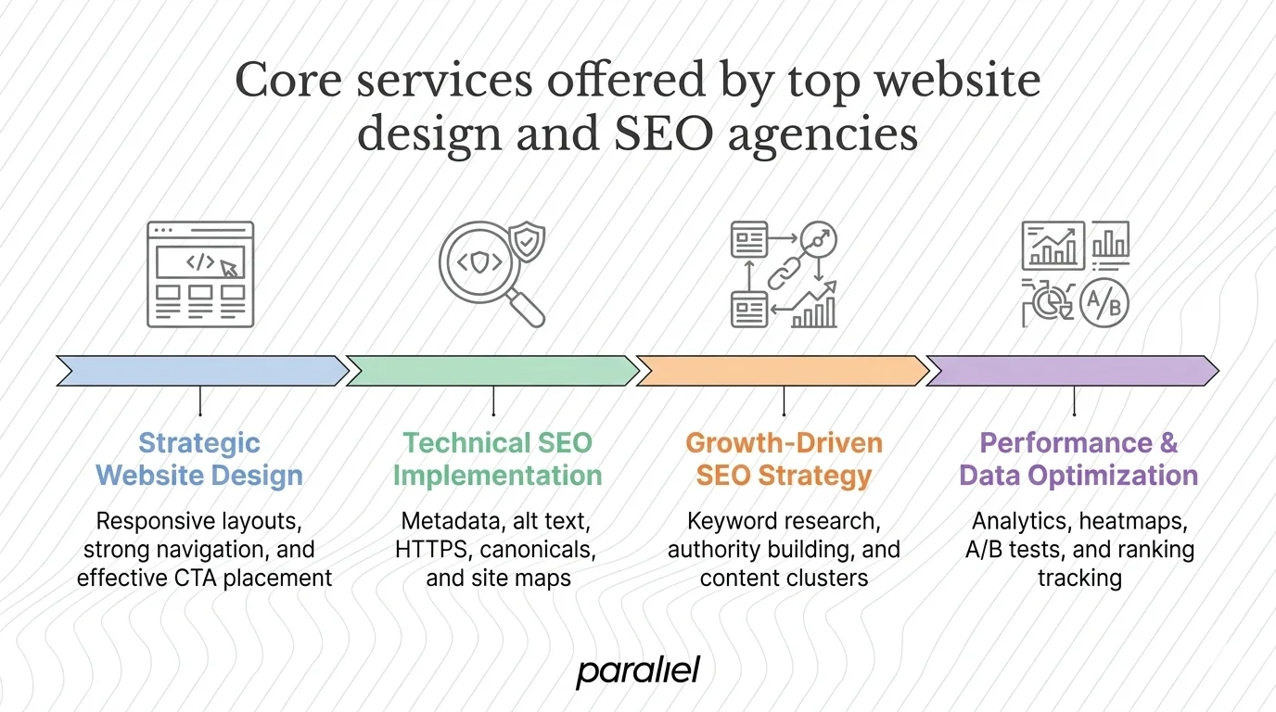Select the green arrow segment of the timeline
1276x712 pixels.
pyautogui.click(x=491, y=370)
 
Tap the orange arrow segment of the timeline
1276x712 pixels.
pyautogui.click(x=783, y=370)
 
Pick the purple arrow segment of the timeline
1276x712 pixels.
pyautogui.click(x=1073, y=370)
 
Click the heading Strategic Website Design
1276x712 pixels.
pyautogui.click(x=199, y=459)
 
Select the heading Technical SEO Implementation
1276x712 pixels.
pyautogui.click(x=497, y=459)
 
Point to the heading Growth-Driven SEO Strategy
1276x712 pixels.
pyautogui.click(x=784, y=459)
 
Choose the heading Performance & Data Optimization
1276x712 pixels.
pyautogui.click(x=1078, y=459)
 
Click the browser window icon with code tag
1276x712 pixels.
pyautogui.click(x=200, y=273)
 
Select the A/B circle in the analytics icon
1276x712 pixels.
pyautogui.click(x=1104, y=301)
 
